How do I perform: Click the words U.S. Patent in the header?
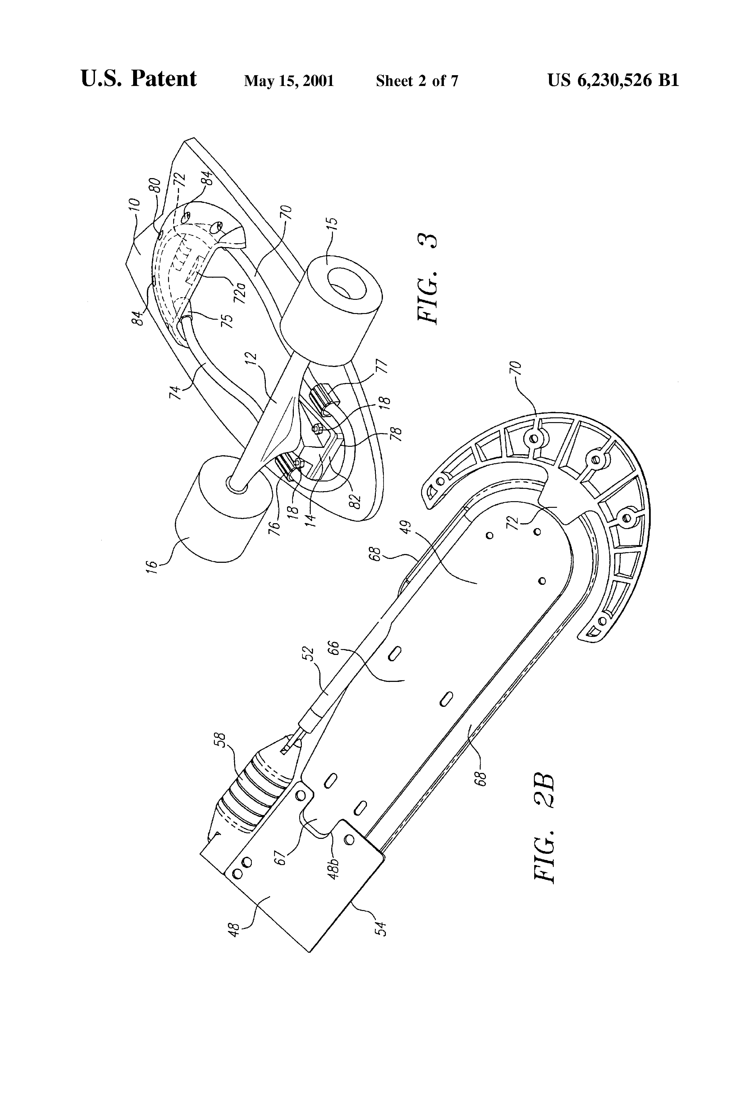pos(139,78)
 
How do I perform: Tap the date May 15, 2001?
pos(289,81)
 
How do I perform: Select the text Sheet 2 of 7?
pos(417,81)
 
